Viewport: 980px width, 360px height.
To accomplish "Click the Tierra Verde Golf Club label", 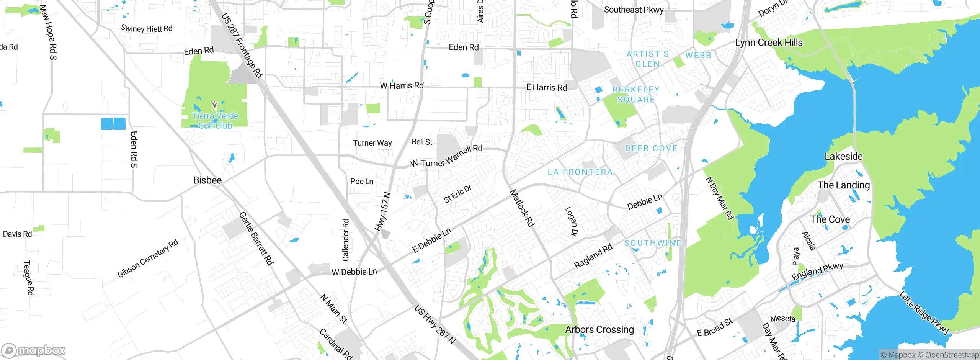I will (215, 121).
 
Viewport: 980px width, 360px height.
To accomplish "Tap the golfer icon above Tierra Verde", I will (215, 105).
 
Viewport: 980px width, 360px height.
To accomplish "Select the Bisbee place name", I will (207, 180).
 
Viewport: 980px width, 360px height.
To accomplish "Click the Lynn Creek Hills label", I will (769, 43).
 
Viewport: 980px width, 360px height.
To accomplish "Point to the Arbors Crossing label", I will (599, 329).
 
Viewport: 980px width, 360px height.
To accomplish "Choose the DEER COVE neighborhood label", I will (651, 148).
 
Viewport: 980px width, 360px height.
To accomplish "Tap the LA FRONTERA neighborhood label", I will (580, 172).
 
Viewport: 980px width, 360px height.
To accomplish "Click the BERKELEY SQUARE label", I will (636, 95).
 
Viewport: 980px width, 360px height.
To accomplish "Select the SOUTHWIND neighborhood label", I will (653, 243).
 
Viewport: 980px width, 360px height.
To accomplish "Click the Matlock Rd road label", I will (522, 208).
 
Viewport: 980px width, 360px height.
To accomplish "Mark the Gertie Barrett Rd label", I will (256, 239).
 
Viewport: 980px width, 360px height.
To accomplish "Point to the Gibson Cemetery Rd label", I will (147, 258).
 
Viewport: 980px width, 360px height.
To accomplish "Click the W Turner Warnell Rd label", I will (446, 156).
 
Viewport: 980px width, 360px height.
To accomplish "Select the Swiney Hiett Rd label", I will (146, 28).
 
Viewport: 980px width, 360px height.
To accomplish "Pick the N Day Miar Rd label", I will (719, 198).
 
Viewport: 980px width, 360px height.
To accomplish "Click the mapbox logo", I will (34, 350).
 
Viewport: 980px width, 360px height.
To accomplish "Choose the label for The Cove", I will (830, 219).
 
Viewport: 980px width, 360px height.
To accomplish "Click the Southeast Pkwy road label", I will (634, 10).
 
